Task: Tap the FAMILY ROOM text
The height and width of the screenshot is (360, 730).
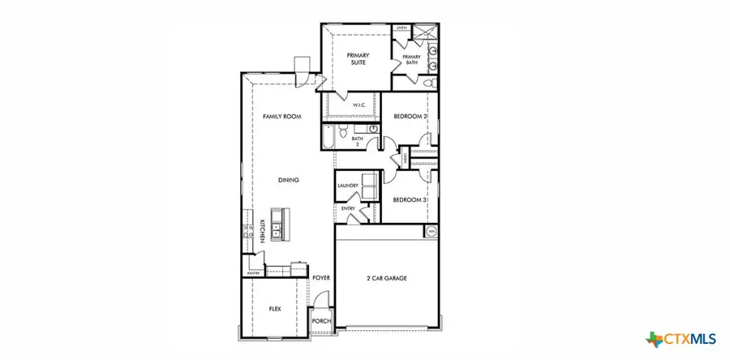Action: tap(281, 117)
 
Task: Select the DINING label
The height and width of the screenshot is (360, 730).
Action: tap(288, 180)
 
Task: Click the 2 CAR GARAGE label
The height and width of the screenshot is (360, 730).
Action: tap(386, 278)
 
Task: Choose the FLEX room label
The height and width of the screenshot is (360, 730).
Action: tap(274, 309)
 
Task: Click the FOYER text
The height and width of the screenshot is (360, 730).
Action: tap(321, 278)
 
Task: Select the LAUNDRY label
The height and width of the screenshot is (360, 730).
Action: tap(348, 186)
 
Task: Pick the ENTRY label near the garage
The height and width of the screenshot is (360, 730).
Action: tap(348, 208)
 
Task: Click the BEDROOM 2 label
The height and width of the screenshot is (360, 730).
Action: tap(410, 117)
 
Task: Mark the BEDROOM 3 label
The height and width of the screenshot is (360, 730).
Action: tap(410, 199)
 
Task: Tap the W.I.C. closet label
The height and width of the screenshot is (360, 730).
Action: tap(360, 105)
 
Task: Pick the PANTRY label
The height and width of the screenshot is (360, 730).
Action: tap(253, 274)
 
